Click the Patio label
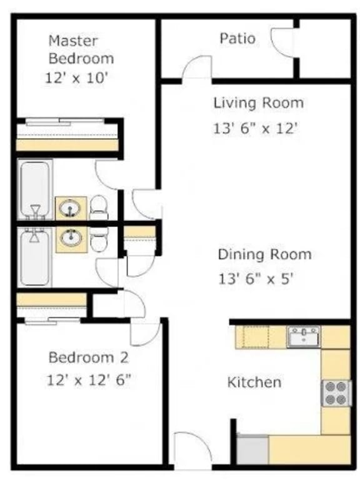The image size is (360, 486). pos(237,39)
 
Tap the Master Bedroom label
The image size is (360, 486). pos(81,50)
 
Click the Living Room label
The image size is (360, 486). pos(258,103)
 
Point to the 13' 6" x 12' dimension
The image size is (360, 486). pos(254,129)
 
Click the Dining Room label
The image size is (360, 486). pos(264,255)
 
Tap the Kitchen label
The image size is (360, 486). pos(254,382)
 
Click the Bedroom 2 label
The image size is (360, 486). pos(88,358)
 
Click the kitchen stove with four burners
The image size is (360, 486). pos(336,393)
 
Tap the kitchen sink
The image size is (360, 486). pos(303,337)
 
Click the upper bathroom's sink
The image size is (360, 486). pos(71,207)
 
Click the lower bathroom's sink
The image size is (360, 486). pos(71,238)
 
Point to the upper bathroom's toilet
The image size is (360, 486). pos(99,207)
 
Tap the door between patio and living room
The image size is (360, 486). pos(197,68)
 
